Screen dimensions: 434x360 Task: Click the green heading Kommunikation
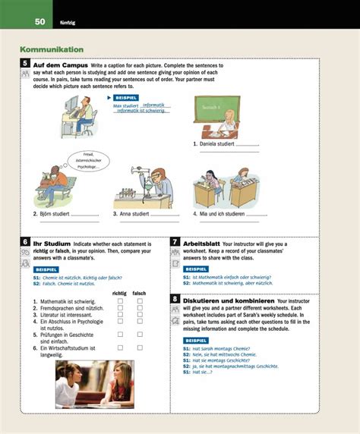coord(51,49)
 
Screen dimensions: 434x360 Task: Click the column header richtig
coord(119,293)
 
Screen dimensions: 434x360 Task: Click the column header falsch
coord(139,293)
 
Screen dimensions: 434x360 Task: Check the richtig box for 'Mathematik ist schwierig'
coord(120,301)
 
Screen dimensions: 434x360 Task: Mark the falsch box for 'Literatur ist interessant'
coord(140,315)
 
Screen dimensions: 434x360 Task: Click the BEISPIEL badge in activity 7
coord(197,269)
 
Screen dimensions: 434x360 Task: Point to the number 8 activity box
coord(175,299)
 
